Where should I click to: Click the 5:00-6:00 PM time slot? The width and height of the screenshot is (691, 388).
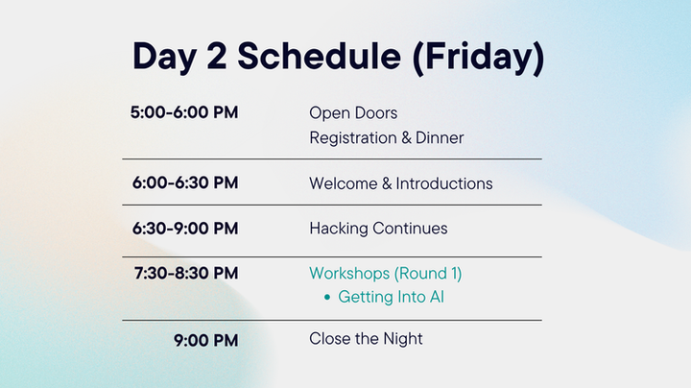(x=184, y=112)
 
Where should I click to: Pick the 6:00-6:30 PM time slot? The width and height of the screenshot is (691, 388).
(x=184, y=182)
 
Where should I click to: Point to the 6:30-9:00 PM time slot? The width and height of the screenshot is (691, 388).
(x=184, y=228)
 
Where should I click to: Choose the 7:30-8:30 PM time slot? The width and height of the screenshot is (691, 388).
(x=186, y=273)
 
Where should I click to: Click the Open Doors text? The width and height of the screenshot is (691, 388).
(x=352, y=113)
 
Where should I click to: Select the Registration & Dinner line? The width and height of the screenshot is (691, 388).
(x=386, y=137)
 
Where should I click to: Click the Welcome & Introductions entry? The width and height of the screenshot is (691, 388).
(x=400, y=183)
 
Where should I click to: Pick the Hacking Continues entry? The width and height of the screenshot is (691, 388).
(x=378, y=229)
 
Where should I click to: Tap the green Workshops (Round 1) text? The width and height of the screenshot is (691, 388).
(x=385, y=274)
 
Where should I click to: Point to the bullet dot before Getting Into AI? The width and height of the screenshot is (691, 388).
(x=327, y=298)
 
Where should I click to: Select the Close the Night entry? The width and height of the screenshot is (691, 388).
(x=366, y=339)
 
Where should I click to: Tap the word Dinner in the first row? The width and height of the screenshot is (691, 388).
(x=440, y=137)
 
